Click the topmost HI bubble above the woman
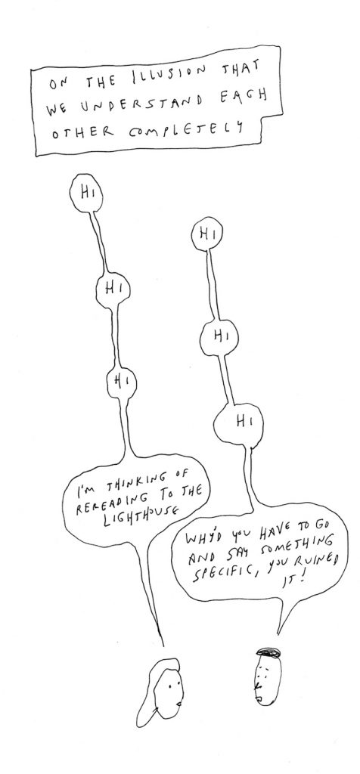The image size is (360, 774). coord(86,193)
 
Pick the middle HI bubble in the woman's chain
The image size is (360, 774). coord(113,289)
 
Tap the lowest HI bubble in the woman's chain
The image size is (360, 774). coord(122,382)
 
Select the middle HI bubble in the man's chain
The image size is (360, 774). coord(219,336)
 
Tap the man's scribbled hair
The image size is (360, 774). coord(268,652)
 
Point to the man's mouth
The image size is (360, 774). coord(257,698)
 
